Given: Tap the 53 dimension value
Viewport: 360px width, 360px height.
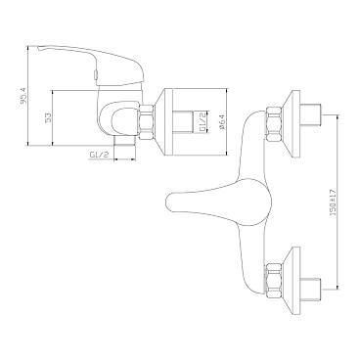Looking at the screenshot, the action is (47, 117).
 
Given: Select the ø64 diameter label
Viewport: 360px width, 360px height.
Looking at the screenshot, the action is (221, 122).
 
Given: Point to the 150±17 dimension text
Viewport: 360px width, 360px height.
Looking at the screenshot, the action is (333, 202).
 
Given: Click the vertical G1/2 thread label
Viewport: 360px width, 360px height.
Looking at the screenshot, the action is (202, 122).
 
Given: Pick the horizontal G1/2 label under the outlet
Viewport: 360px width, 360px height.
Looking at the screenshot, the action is (99, 155).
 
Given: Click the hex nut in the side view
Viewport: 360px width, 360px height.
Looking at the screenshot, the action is (147, 122).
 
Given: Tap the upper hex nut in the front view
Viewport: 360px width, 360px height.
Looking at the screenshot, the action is (275, 123).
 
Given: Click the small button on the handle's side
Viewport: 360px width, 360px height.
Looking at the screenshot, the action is (95, 75).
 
